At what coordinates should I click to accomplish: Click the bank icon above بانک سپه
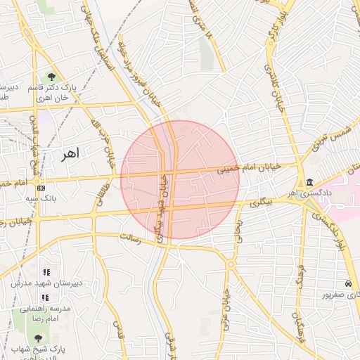[41, 188]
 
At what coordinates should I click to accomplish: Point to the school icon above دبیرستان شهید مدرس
[46, 272]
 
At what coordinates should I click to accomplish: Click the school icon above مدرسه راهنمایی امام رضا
[46, 297]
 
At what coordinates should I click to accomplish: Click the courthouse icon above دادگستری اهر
[310, 183]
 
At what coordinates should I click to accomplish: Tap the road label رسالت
[131, 240]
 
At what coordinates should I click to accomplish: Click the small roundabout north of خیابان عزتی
[230, 264]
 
